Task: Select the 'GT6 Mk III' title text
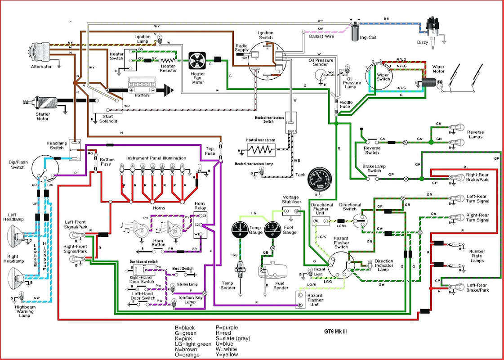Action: pyautogui.click(x=335, y=332)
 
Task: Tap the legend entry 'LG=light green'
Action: pyautogui.click(x=193, y=344)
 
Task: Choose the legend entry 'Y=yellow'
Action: pyautogui.click(x=227, y=355)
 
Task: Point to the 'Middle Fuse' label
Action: pyautogui.click(x=346, y=105)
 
